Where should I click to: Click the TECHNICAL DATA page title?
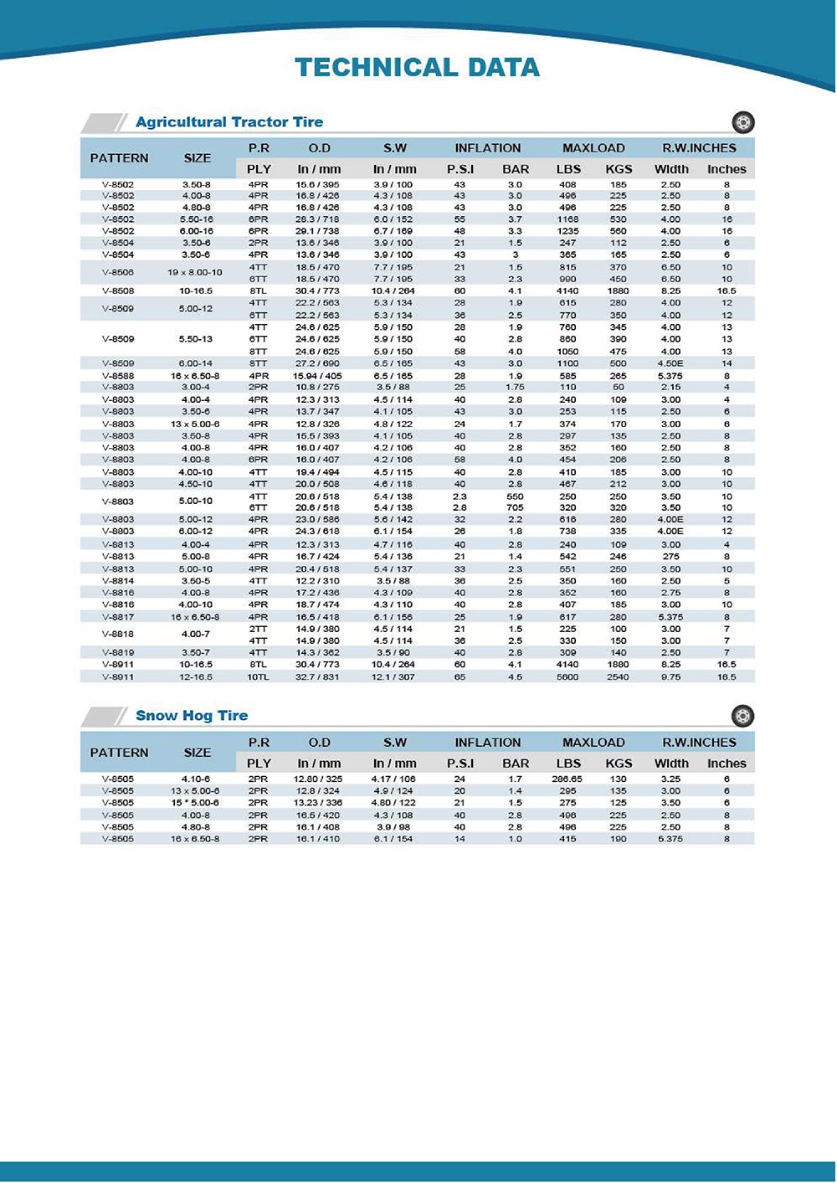[x=417, y=68]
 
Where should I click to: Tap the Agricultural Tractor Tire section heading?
[x=229, y=122]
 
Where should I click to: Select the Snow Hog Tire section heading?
[x=192, y=716]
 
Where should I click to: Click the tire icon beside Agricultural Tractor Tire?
[x=742, y=122]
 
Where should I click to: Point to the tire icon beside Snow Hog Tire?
[x=742, y=716]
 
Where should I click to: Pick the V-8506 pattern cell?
[x=118, y=273]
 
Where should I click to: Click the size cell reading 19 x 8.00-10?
[x=196, y=273]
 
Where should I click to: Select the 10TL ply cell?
[x=258, y=676]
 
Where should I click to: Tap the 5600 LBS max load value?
[x=567, y=676]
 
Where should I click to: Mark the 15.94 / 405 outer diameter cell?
[x=319, y=376]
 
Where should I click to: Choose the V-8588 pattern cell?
[x=118, y=376]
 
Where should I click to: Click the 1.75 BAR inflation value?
[x=515, y=388]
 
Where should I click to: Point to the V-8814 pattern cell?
[x=118, y=581]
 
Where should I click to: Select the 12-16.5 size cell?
[x=196, y=676]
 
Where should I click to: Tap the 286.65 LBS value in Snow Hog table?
[x=567, y=779]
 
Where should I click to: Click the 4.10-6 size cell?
[x=196, y=779]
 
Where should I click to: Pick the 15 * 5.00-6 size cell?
[x=196, y=803]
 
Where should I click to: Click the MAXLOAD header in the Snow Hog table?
[x=593, y=743]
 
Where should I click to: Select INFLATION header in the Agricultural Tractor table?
[x=488, y=148]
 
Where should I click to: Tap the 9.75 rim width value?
[x=670, y=676]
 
